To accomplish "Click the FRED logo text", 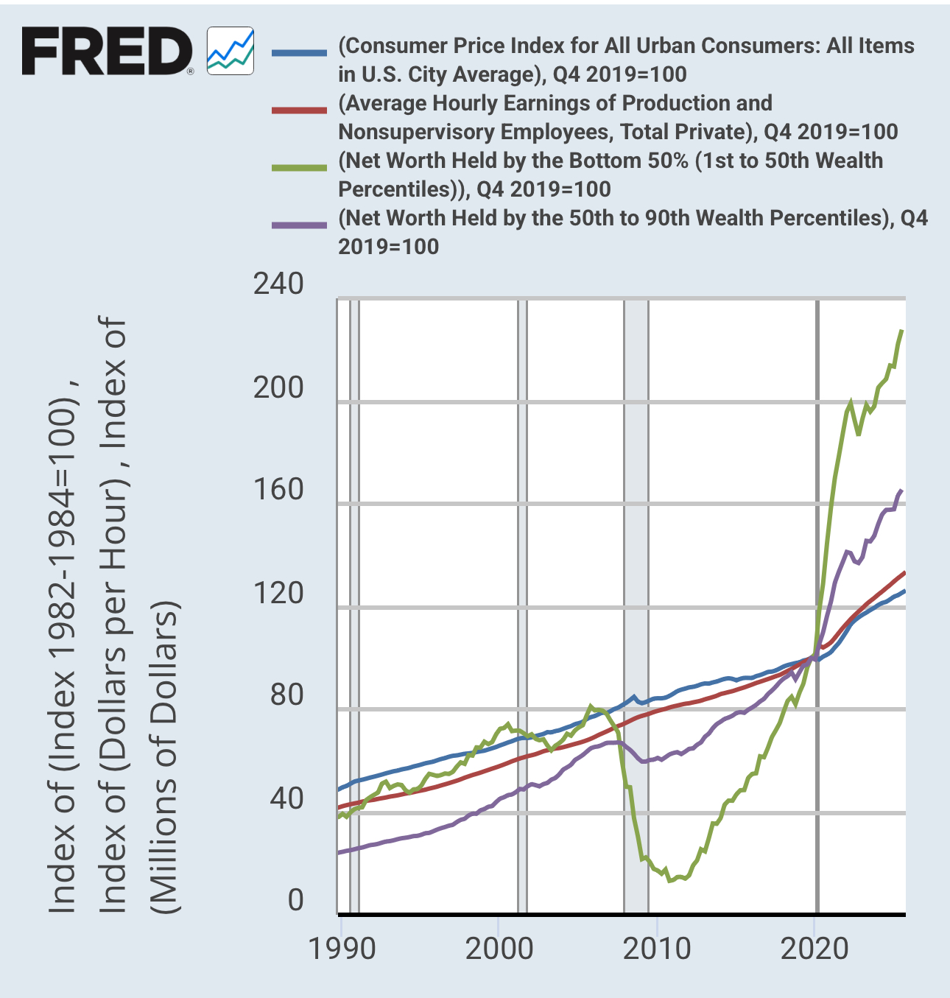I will pos(107,51).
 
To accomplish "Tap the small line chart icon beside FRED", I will pos(231,51).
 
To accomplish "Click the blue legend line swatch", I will pos(299,53).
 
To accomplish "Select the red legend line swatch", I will pos(299,110).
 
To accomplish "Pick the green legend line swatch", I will pos(299,168).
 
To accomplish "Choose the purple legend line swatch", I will pos(299,225).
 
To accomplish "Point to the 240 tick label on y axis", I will pos(278,284).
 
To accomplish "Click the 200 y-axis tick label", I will pos(278,387).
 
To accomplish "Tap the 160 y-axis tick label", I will pos(278,489).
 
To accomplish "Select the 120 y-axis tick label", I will pos(278,592).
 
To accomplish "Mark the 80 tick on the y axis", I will pos(286,695).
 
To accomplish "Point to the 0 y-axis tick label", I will pos(295,900).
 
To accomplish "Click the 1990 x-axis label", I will pos(342,949).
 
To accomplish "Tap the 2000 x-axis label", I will pos(499,949).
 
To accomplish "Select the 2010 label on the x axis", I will pos(657,949).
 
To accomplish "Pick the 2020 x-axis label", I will pos(814,949).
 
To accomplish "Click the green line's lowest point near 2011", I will pos(669,880).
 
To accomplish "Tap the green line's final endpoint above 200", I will pos(902,331).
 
